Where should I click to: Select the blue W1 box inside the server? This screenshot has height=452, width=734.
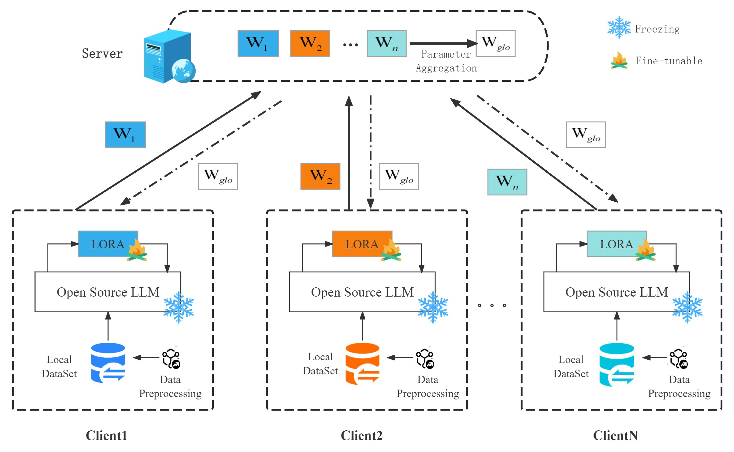[x=258, y=43]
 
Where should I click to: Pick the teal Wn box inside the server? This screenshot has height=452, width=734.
[x=386, y=43]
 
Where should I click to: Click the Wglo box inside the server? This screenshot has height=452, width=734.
[x=495, y=43]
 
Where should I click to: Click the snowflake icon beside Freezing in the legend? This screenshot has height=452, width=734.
[x=619, y=27]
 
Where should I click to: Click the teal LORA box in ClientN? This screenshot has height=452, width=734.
[x=616, y=244]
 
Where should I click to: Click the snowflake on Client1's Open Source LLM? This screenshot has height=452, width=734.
[x=179, y=307]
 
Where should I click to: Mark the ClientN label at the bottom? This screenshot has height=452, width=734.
[x=615, y=436]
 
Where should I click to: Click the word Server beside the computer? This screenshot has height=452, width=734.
[x=102, y=54]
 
